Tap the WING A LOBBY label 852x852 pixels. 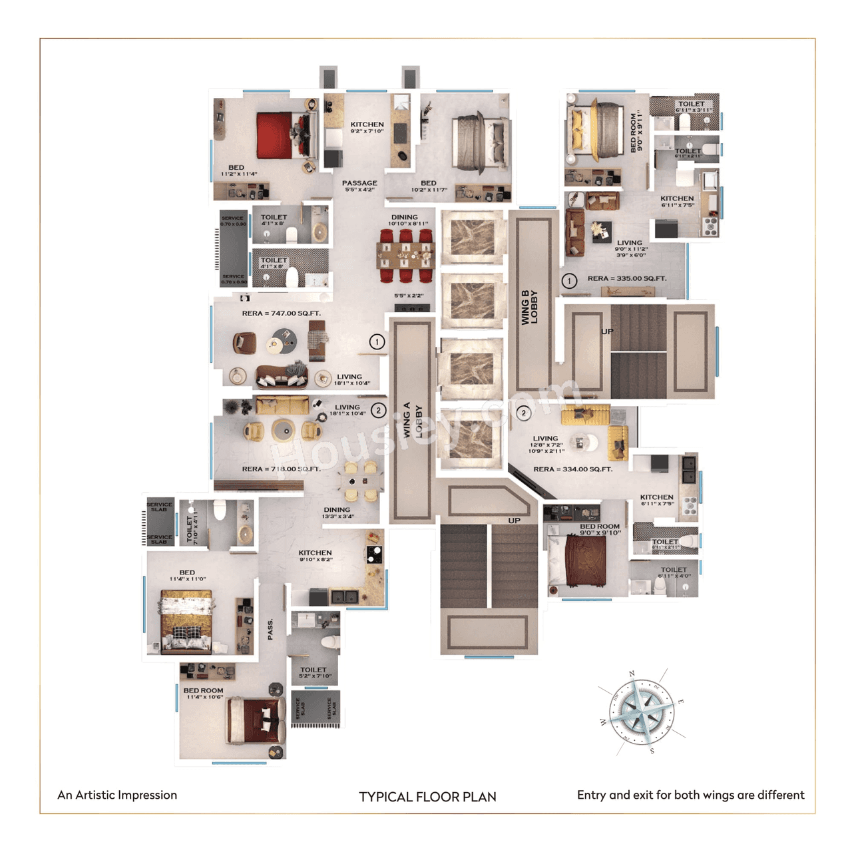tap(413, 420)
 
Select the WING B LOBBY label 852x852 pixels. tap(530, 307)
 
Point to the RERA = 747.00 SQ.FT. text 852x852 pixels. tap(281, 314)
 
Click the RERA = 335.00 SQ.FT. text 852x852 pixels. tap(626, 279)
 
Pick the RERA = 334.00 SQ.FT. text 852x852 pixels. tap(572, 469)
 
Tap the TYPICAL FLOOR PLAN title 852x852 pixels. tap(427, 797)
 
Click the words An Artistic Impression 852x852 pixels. tap(117, 795)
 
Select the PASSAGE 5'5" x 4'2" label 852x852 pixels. tap(359, 186)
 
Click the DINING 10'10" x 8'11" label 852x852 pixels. tap(407, 220)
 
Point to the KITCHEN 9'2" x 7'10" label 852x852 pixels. tap(367, 127)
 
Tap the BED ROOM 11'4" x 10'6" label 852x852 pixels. tap(204, 694)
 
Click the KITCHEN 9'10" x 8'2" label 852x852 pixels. tap(315, 556)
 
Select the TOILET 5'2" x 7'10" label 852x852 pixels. tap(314, 672)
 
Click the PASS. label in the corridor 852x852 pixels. tap(270, 630)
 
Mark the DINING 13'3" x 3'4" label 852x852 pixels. tap(337, 513)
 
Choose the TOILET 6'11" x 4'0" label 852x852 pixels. tap(674, 572)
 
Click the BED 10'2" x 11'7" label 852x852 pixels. tap(428, 186)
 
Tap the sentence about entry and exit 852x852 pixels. tap(690, 795)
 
